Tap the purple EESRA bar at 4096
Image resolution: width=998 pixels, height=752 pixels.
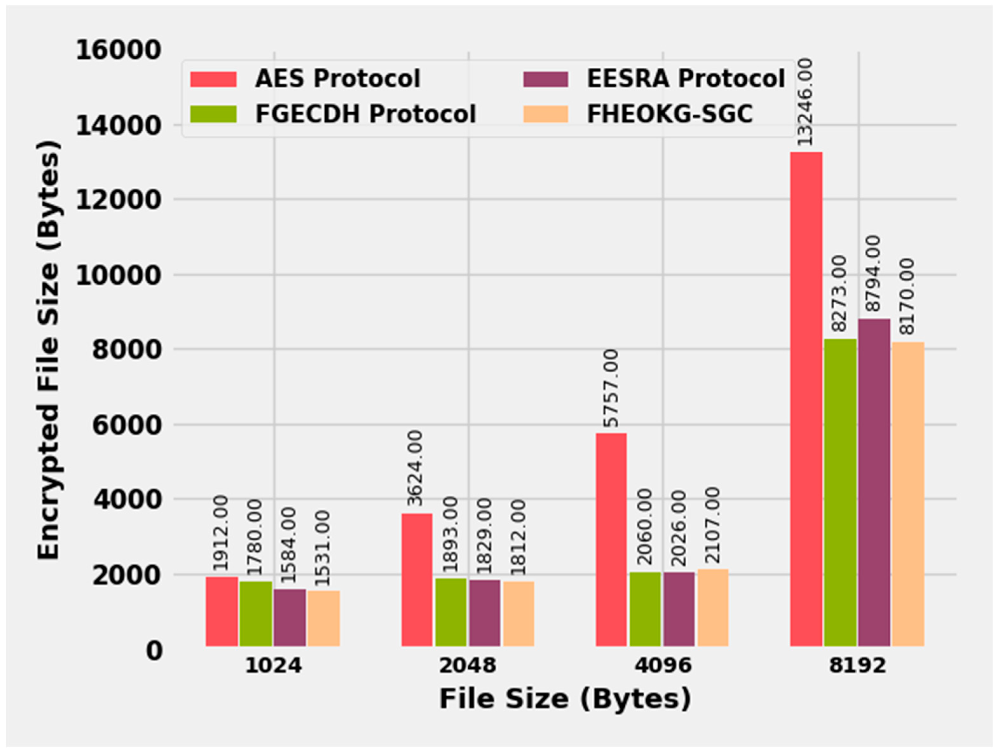[679, 609]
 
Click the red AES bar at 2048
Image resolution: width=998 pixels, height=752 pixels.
[417, 580]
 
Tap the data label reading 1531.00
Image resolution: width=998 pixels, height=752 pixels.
[323, 548]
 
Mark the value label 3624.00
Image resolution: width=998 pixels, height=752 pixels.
[415, 469]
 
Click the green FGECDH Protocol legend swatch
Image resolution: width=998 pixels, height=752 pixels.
[214, 114]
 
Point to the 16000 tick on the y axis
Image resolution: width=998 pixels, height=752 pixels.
[118, 50]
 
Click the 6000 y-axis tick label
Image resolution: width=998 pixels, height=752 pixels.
[127, 425]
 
